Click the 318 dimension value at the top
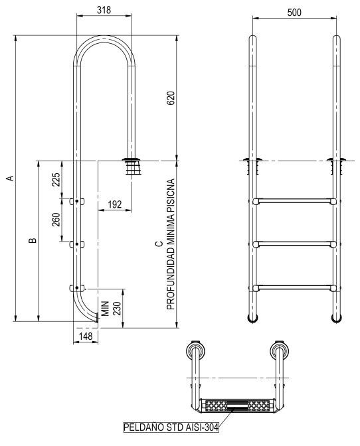(104, 10)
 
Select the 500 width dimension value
(294, 13)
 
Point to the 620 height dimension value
(171, 98)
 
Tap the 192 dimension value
(115, 204)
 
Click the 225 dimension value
(56, 179)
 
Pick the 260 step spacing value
(56, 220)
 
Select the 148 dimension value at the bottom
(86, 336)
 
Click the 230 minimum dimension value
(117, 309)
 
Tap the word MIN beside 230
(106, 309)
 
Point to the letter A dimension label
(10, 178)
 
